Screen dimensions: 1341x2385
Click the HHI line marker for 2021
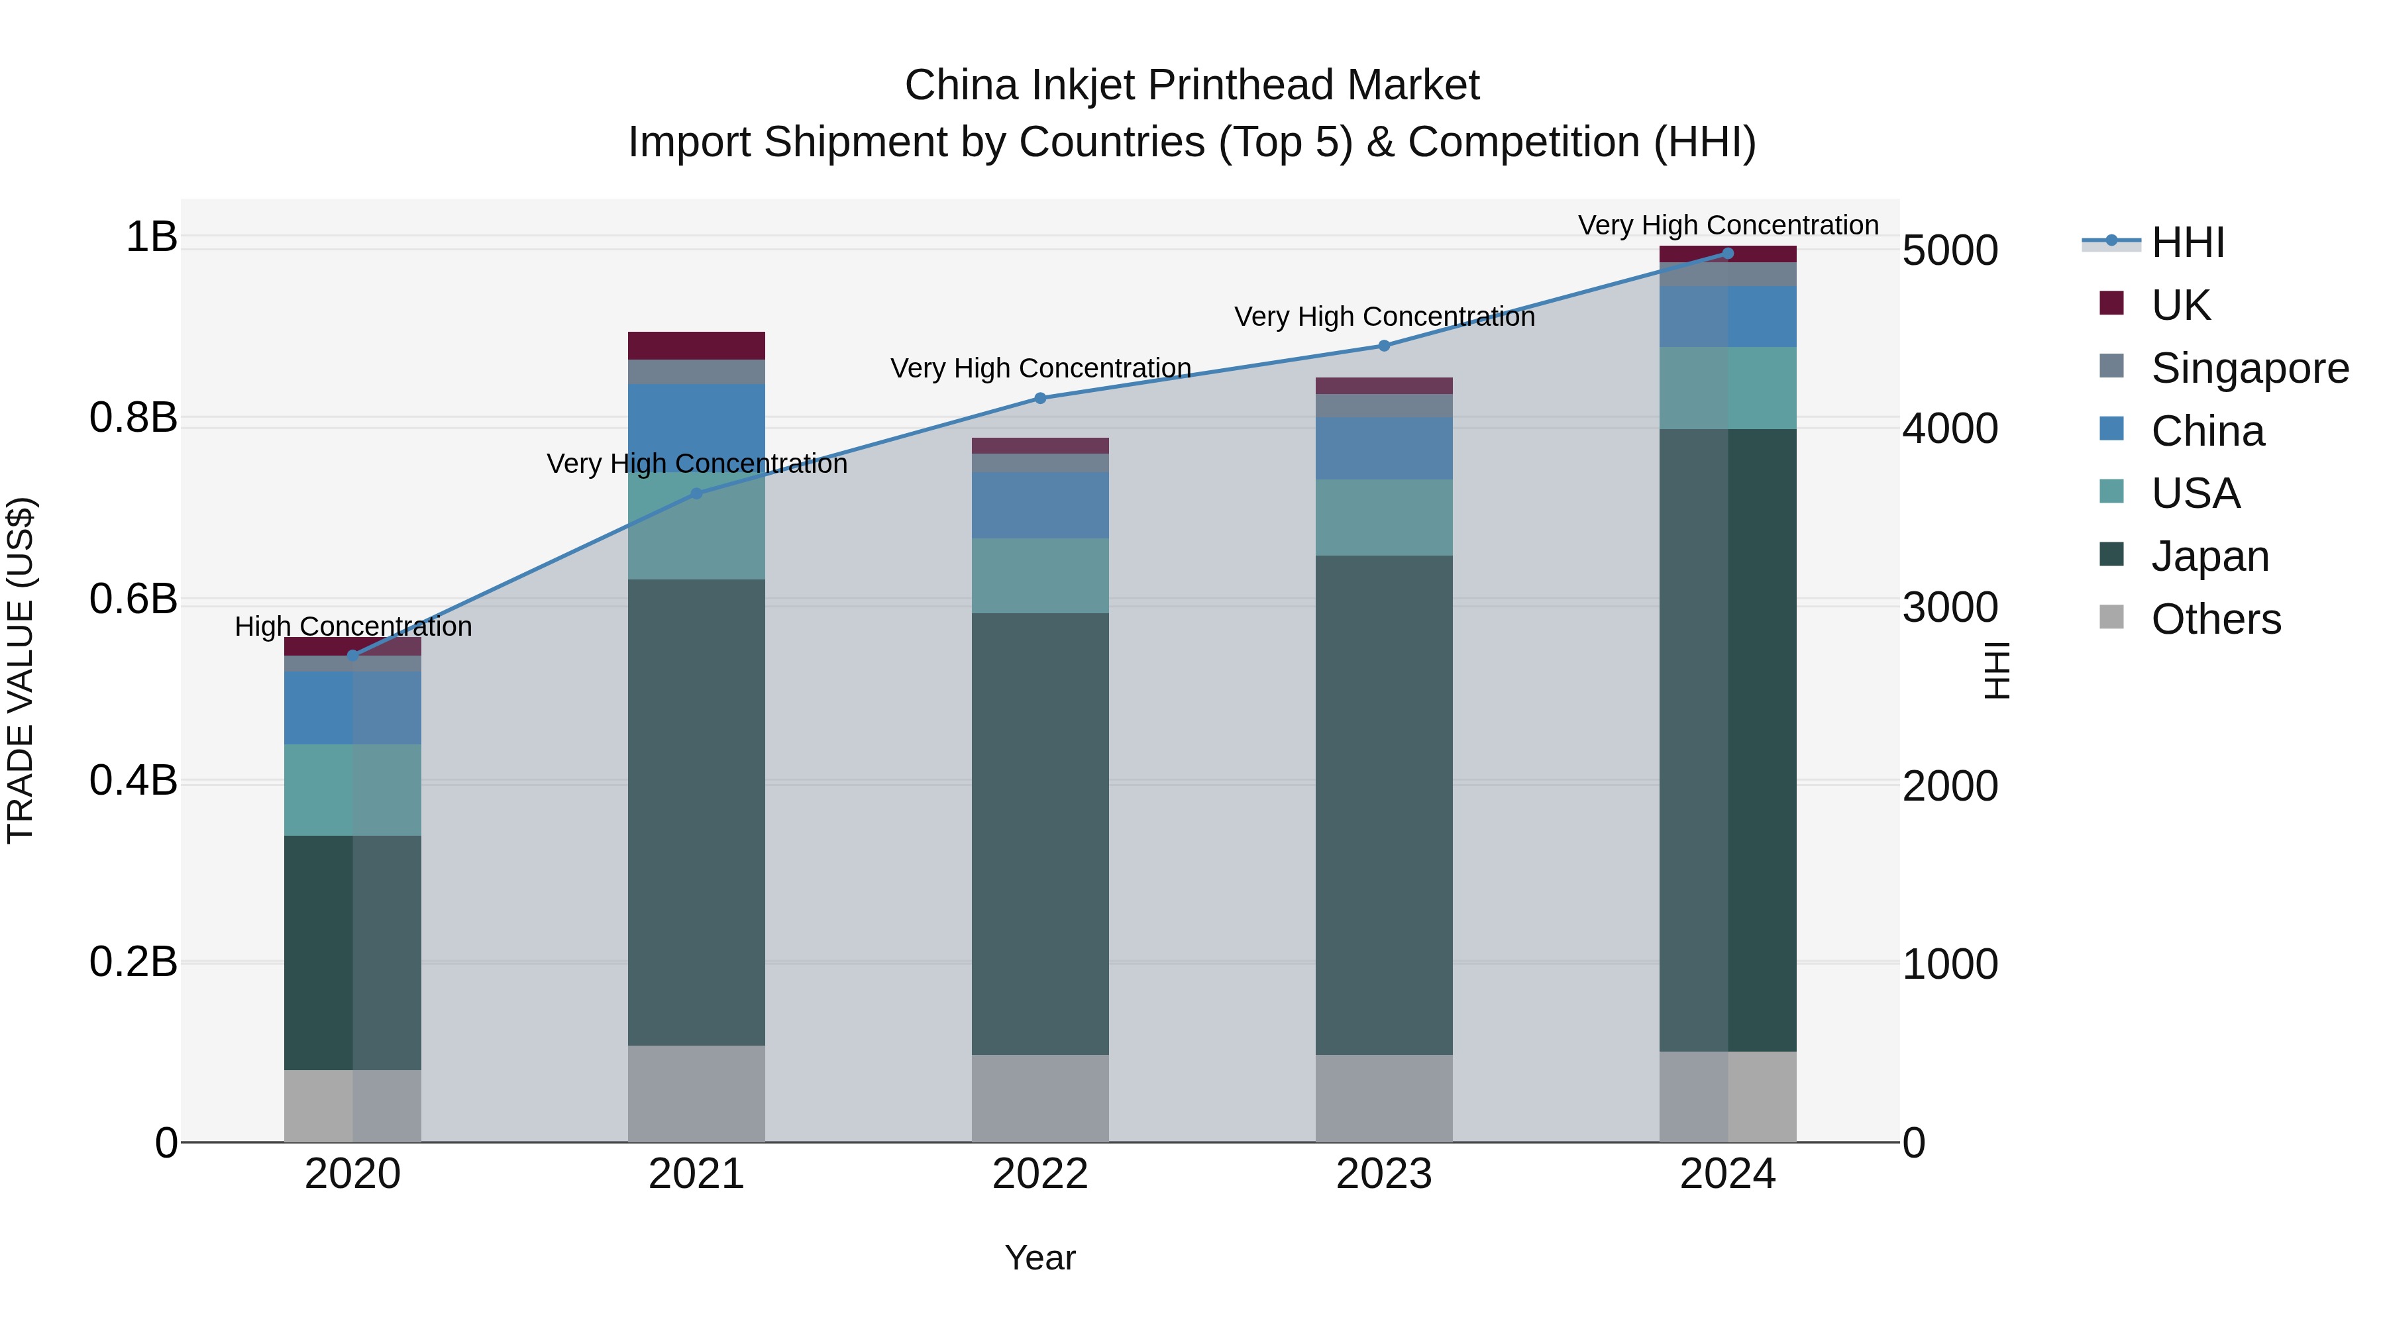[696, 493]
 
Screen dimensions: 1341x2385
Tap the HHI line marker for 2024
[1728, 254]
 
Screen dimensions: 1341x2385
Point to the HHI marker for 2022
[1039, 399]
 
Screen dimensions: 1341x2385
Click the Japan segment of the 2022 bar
[1039, 833]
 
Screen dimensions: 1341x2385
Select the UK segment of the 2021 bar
[696, 345]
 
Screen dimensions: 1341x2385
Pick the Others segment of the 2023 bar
[1384, 1099]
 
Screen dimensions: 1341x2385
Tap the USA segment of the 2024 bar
[1728, 388]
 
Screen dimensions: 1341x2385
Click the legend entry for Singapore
[2249, 368]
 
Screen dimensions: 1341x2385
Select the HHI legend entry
[2187, 242]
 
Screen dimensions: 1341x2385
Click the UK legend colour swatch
[2112, 303]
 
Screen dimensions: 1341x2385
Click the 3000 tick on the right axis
[1950, 608]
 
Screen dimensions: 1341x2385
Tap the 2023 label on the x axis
[1384, 1174]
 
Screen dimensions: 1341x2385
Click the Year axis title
[1039, 1258]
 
